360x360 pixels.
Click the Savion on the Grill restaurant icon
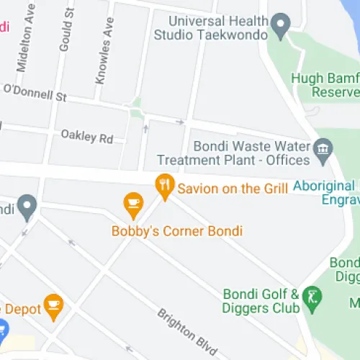point(166,186)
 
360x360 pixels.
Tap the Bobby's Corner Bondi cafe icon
point(133,204)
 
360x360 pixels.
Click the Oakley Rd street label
point(87,135)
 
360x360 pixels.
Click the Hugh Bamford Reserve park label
point(325,85)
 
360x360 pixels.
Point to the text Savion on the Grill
point(233,189)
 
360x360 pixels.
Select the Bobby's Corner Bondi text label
point(177,231)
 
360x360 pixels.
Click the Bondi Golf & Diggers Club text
point(261,301)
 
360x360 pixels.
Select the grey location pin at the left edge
point(27,207)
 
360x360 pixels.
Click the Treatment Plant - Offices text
point(233,159)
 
